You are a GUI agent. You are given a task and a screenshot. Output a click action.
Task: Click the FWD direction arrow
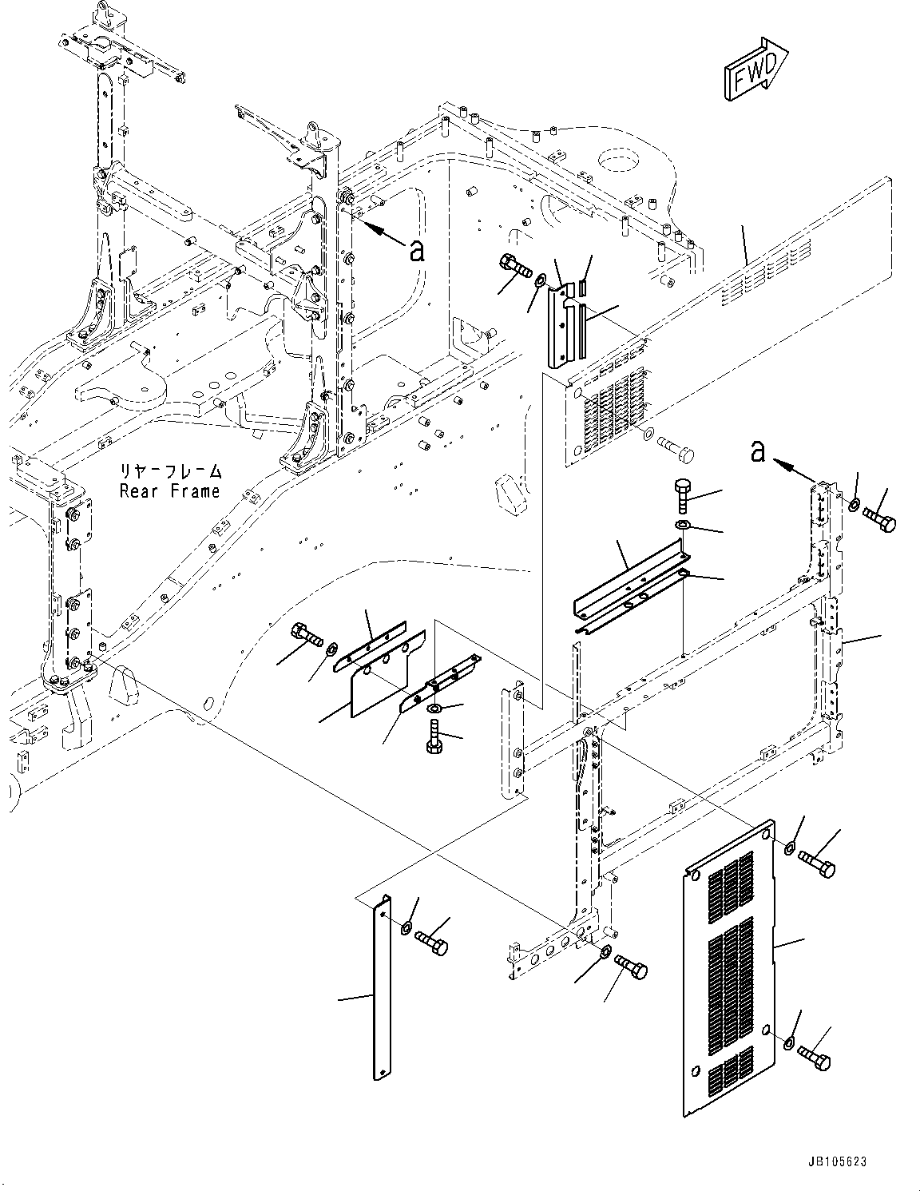pyautogui.click(x=755, y=70)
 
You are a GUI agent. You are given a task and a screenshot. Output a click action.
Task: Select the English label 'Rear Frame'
pyautogui.click(x=169, y=491)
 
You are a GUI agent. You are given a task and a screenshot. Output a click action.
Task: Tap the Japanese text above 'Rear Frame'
pyautogui.click(x=169, y=472)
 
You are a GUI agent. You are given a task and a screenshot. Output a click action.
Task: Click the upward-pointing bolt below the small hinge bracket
pyautogui.click(x=434, y=736)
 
